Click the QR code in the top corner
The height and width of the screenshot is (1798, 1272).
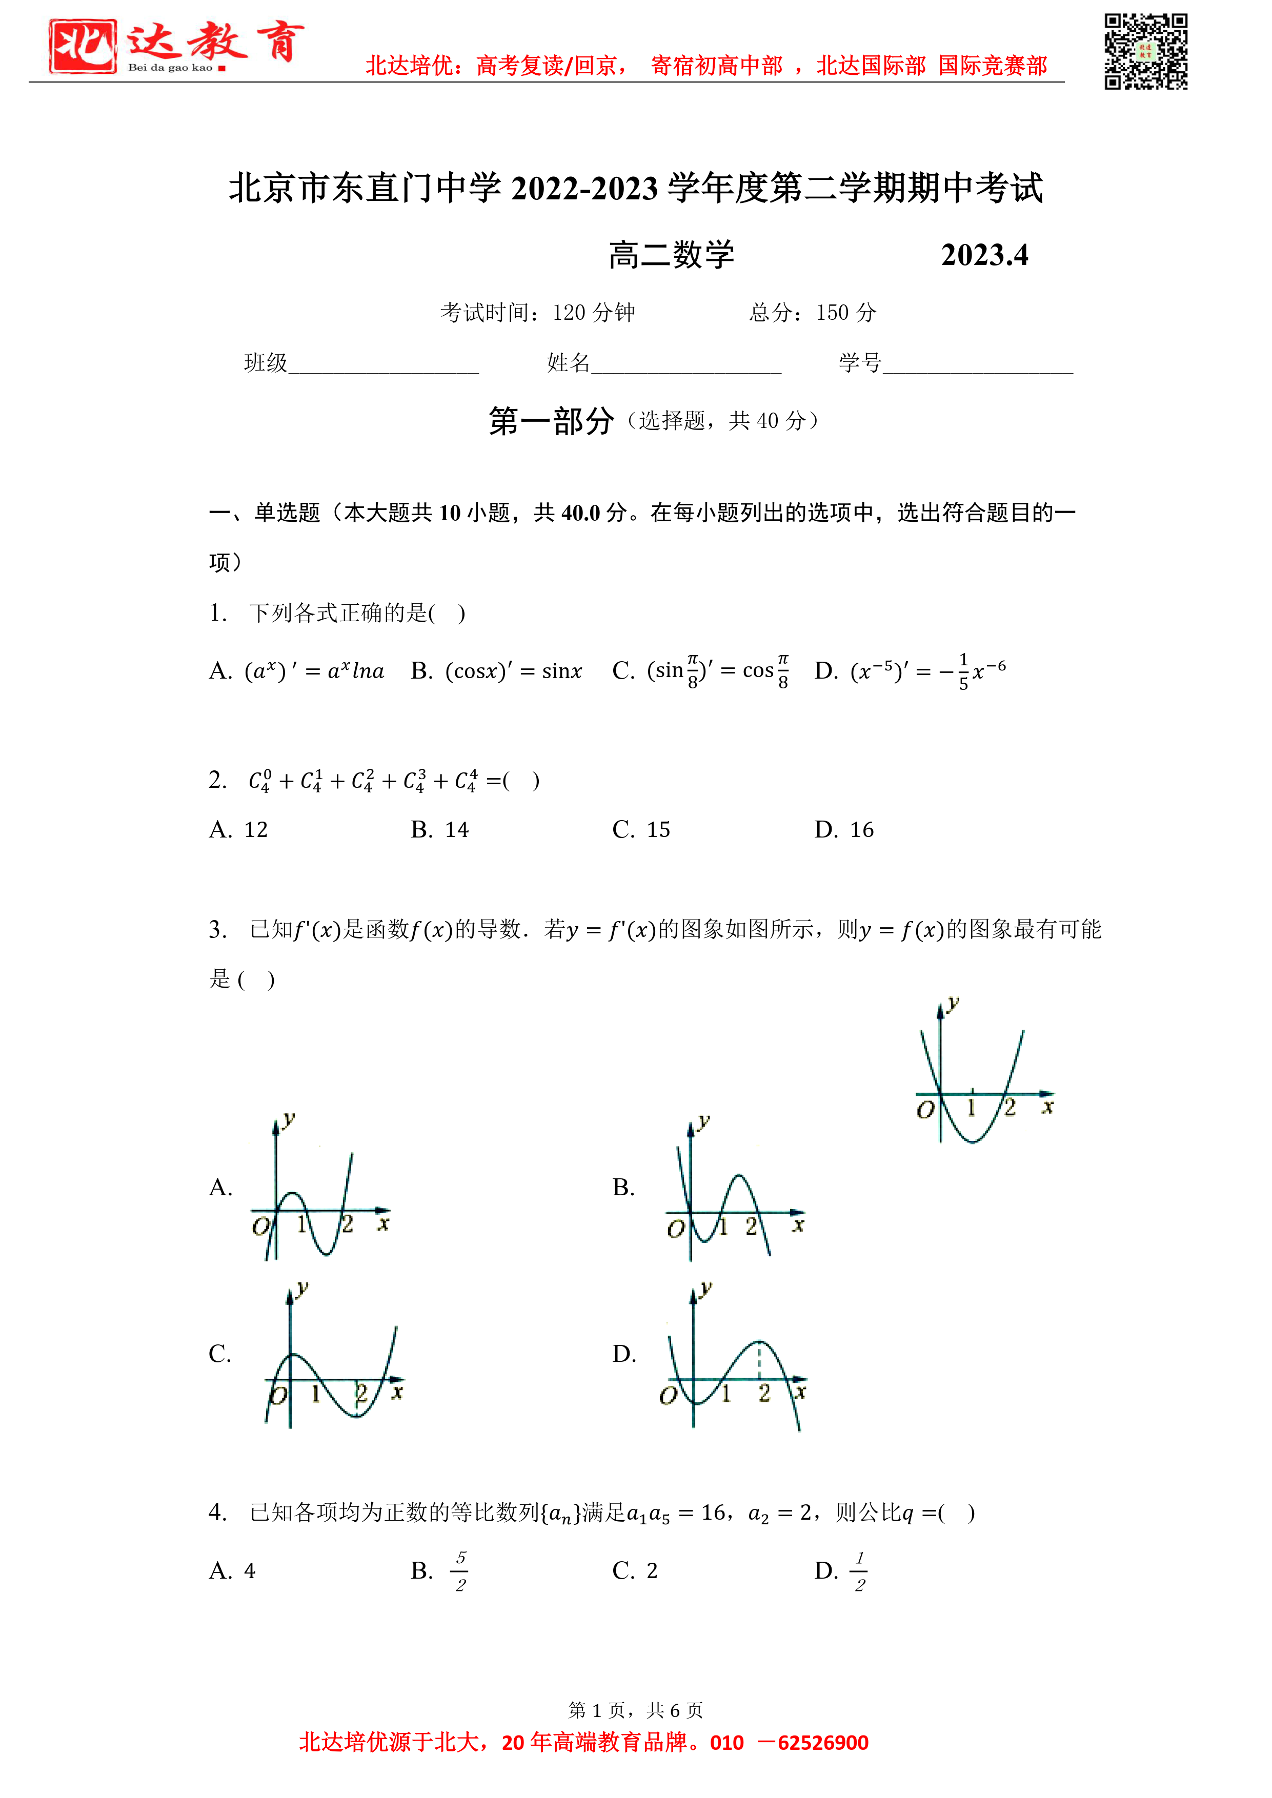point(1145,52)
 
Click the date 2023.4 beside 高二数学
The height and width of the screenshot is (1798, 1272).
point(984,255)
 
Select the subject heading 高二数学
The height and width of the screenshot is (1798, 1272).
point(671,255)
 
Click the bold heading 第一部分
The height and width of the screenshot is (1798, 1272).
point(552,421)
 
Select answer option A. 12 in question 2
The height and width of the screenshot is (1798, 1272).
point(239,830)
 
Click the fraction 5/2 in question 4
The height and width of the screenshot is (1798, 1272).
point(460,1571)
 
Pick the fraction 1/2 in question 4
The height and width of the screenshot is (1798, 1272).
point(859,1571)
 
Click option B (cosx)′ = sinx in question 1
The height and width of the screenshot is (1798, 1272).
point(497,671)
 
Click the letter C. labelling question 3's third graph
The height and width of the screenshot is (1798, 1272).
point(220,1354)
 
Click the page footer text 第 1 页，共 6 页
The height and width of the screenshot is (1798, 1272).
point(635,1709)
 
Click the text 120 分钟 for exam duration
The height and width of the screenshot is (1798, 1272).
point(593,313)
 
